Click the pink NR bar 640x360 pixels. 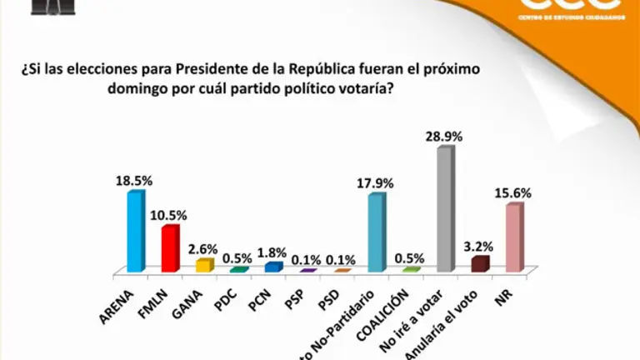pyautogui.click(x=514, y=237)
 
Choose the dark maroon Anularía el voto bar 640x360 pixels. pyautogui.click(x=479, y=263)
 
